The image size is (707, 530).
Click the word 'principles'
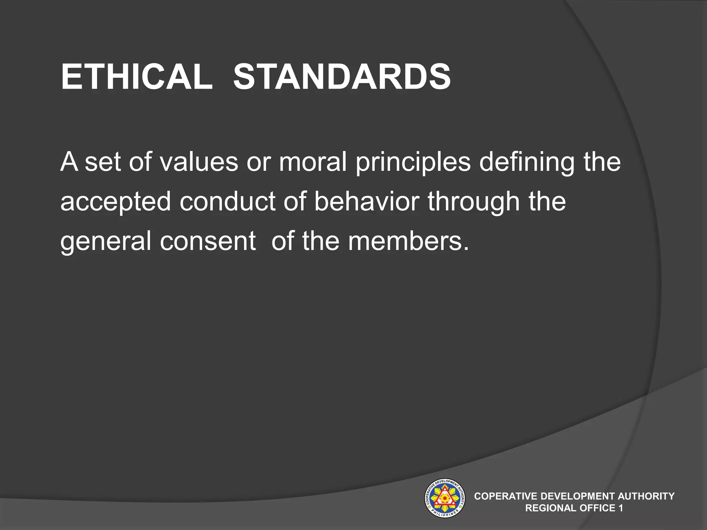pos(413,162)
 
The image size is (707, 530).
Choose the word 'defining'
pos(527,162)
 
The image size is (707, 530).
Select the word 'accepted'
pos(116,202)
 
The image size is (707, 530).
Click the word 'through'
pos(474,202)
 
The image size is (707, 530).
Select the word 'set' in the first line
pos(103,162)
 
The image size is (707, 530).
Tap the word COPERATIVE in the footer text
pos(506,496)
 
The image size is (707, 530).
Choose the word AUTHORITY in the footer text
pos(646,496)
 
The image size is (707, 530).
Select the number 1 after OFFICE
pos(621,508)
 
